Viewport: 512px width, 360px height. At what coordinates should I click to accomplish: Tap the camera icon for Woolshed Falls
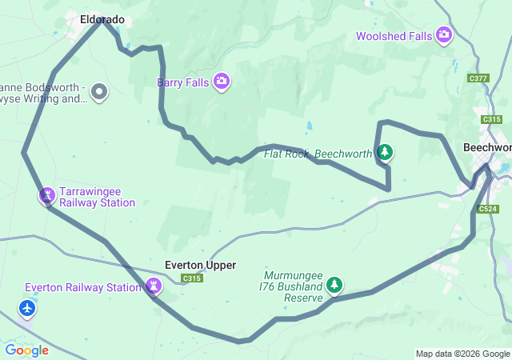(x=445, y=35)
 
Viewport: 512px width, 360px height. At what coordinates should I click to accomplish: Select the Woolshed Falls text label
(x=394, y=36)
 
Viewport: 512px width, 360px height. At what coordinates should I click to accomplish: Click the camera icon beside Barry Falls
(x=222, y=82)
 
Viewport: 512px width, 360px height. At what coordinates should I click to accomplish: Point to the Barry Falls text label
(x=182, y=82)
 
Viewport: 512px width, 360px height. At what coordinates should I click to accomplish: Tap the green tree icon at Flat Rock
(x=385, y=152)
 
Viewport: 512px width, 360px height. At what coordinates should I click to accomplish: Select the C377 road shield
(x=478, y=78)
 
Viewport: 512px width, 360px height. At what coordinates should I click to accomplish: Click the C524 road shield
(x=488, y=209)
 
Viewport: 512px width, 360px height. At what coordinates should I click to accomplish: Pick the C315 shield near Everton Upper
(x=191, y=278)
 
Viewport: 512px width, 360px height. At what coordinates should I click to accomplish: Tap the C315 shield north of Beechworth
(x=491, y=119)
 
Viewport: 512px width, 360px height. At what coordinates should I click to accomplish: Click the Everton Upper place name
(x=200, y=265)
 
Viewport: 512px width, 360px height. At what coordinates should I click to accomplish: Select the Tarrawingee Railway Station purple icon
(x=47, y=195)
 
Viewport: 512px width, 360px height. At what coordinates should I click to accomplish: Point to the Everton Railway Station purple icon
(x=154, y=286)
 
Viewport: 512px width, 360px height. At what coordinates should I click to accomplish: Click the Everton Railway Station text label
(x=83, y=287)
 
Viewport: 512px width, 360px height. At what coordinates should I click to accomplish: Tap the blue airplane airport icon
(x=28, y=308)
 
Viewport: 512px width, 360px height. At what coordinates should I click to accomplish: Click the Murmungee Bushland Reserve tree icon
(x=334, y=285)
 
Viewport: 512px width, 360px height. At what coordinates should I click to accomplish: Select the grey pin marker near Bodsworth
(x=99, y=92)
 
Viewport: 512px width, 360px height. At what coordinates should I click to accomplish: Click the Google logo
(x=26, y=350)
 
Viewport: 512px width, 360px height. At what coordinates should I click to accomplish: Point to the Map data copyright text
(x=462, y=354)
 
